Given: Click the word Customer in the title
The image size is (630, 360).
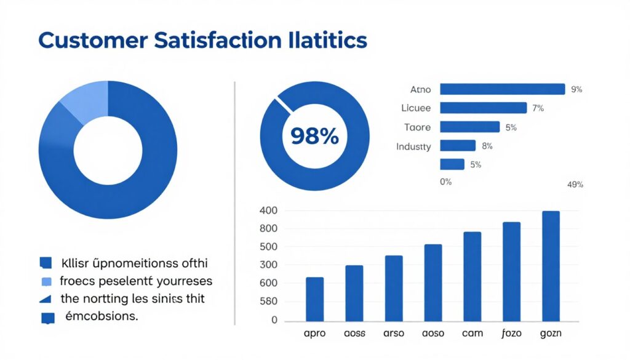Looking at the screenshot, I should click(x=93, y=41).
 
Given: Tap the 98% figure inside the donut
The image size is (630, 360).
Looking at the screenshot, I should click(x=314, y=135).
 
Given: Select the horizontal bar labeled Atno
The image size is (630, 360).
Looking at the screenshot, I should click(x=502, y=89).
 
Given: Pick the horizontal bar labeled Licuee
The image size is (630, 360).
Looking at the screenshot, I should click(x=484, y=108).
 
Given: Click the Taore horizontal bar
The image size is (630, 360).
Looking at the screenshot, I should click(x=469, y=127).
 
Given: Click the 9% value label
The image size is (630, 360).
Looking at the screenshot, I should click(x=576, y=89).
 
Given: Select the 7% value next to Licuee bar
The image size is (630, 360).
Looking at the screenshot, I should click(x=538, y=108).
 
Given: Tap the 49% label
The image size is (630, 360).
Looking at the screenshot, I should click(x=575, y=185).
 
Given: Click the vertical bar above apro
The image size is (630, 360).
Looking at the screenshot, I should click(x=314, y=299).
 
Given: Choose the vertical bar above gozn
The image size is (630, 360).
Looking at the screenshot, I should click(x=551, y=266).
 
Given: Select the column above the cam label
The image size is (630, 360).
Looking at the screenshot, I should click(x=472, y=276).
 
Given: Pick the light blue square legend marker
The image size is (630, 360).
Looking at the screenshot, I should click(x=46, y=282).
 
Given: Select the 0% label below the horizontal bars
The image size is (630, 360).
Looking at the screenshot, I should click(x=445, y=182).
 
